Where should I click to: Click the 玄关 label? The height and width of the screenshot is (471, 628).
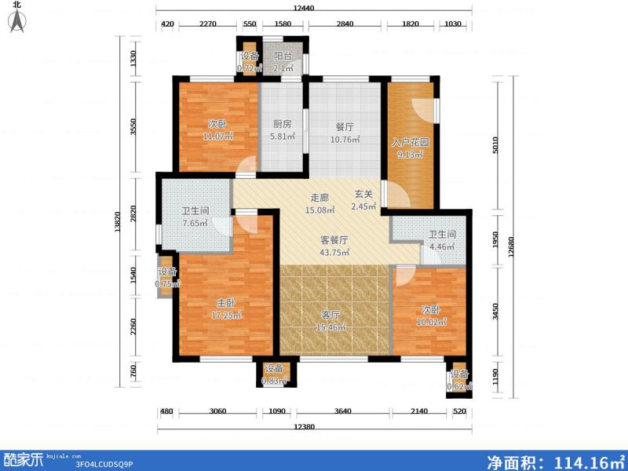point(363,195)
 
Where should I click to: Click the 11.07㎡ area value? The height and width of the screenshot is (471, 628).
point(219,137)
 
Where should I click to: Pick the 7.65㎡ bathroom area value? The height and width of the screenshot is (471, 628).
point(195,223)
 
